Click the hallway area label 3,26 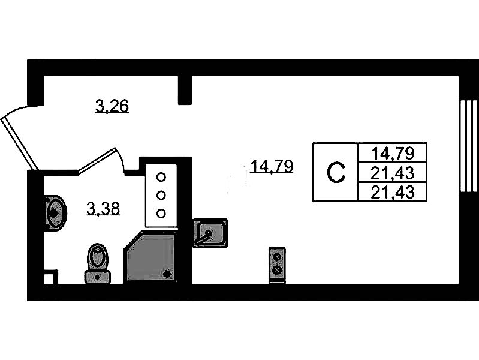[x=112, y=107]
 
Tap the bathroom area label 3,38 [x=103, y=209]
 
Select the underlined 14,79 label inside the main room [x=273, y=166]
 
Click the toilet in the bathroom [x=98, y=264]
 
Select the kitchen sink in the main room [x=210, y=233]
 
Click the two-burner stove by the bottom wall [x=277, y=264]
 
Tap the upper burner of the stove [x=277, y=257]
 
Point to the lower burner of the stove [x=277, y=271]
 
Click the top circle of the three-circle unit [x=161, y=177]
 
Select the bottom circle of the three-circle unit [x=161, y=212]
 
